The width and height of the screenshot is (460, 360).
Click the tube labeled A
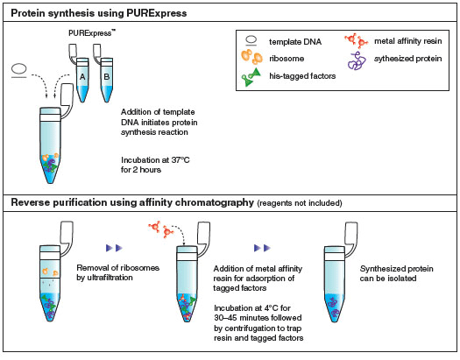tap(82, 79)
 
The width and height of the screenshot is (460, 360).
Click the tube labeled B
tap(107, 79)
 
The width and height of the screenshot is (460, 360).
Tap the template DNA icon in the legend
tap(251, 41)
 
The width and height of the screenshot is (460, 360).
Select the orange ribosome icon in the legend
tap(251, 57)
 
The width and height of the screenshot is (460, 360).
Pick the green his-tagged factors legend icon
tap(251, 77)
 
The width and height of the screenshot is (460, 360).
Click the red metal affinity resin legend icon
tap(356, 40)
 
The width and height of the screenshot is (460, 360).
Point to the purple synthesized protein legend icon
tap(357, 60)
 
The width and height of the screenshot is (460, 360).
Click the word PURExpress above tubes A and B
tap(91, 33)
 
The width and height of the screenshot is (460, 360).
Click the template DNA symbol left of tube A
tap(19, 71)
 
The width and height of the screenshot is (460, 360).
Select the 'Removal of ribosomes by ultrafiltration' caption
tap(118, 272)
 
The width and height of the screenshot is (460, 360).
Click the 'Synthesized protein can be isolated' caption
tap(396, 273)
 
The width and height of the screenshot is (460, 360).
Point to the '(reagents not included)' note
tap(300, 203)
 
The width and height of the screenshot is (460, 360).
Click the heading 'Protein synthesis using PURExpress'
tap(98, 13)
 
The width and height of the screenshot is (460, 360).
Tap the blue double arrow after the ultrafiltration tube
tap(115, 248)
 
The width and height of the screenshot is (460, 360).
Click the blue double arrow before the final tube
tap(262, 248)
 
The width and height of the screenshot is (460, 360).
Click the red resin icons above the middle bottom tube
tap(161, 229)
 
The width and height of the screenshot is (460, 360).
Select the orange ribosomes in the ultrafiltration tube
tap(50, 272)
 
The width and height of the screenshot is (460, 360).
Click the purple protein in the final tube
tap(334, 307)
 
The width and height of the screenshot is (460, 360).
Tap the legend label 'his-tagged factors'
tap(302, 76)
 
